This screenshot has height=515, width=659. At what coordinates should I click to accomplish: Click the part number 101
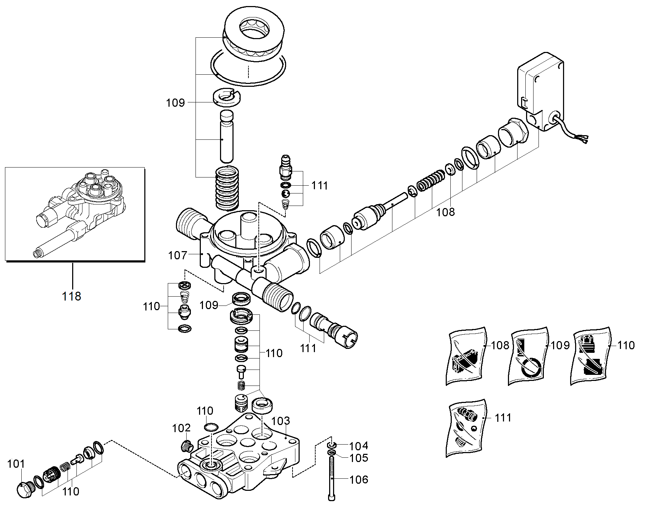pos(16,464)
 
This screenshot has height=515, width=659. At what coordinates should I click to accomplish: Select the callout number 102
pos(181,428)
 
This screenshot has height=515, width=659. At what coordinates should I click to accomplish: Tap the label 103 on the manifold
pos(281,421)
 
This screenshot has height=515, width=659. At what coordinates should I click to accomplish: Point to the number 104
pos(359,446)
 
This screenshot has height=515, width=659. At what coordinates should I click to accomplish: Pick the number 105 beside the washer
pos(359,458)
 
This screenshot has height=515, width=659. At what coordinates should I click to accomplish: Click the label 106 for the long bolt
pos(359,480)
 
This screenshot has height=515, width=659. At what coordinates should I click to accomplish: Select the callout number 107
pos(177,255)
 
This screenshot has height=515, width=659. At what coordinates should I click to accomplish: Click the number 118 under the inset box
pos(71,296)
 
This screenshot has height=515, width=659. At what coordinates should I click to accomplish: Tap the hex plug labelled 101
pos(25,490)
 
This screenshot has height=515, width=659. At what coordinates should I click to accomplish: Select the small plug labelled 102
pos(187,446)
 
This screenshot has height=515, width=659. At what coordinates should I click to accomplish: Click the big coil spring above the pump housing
pos(227,189)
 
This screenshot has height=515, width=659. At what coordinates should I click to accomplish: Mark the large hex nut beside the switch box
pos(513,134)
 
